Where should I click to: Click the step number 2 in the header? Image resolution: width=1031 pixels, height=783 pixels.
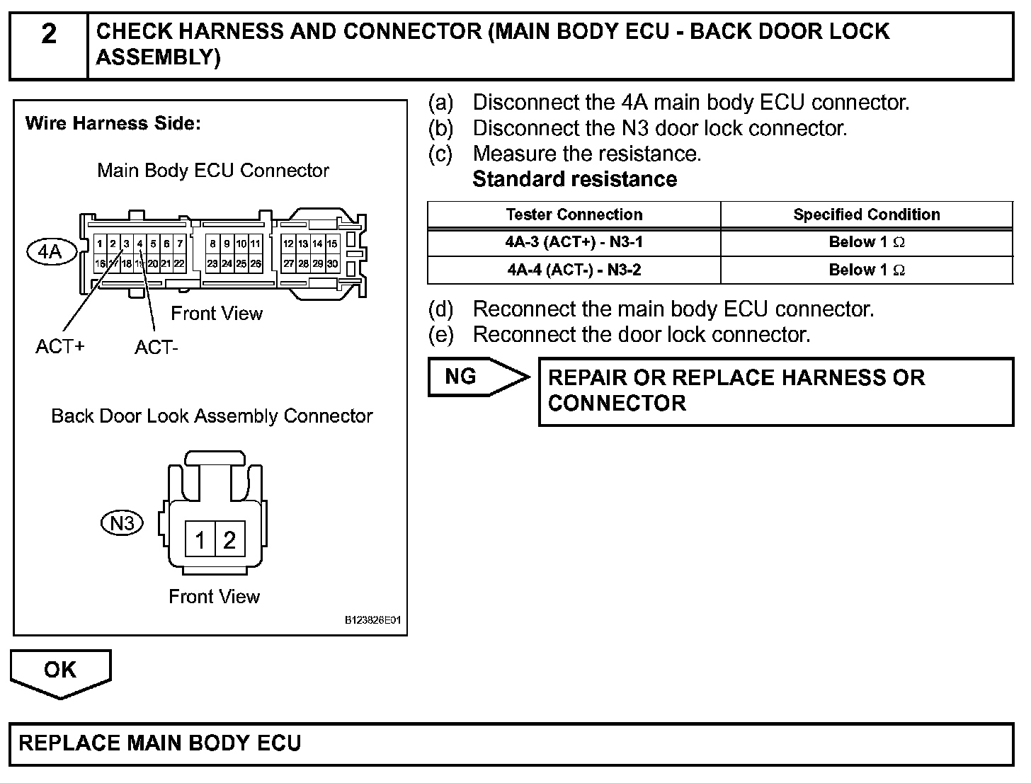[48, 34]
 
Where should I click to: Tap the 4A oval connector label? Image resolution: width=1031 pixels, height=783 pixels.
[50, 251]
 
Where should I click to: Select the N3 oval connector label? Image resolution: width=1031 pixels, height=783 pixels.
[123, 523]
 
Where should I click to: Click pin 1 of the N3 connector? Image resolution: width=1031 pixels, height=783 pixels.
[200, 541]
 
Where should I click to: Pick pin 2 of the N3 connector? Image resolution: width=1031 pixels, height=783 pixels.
[229, 541]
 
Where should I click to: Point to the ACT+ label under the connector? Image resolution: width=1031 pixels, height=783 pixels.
[60, 346]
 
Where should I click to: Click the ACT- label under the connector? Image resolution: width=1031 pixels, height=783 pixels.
[156, 348]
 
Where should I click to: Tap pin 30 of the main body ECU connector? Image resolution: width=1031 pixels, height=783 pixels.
[332, 263]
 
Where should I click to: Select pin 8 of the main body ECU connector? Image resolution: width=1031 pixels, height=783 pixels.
[212, 244]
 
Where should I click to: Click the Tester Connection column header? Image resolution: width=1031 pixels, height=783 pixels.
[574, 215]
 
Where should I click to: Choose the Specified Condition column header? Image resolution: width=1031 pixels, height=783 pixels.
[867, 215]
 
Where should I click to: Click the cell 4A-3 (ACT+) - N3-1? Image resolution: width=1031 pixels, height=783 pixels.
[574, 242]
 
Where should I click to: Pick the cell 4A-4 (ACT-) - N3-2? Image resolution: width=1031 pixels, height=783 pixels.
[574, 270]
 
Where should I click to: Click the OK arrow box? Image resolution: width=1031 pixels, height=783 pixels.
[60, 671]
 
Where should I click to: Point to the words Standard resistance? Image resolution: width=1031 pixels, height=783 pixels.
[574, 179]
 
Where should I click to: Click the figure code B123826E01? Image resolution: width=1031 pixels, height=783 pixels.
[373, 620]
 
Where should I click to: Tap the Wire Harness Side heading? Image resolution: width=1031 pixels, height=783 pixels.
[113, 124]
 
